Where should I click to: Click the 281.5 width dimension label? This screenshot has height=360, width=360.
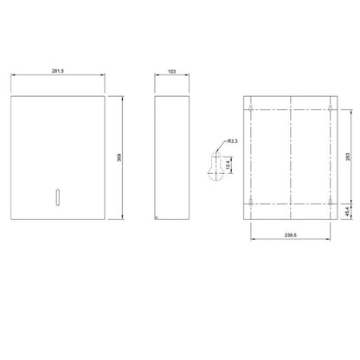click(58, 71)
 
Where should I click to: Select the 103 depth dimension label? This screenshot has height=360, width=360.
click(171, 71)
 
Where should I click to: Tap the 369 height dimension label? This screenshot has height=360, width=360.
click(119, 157)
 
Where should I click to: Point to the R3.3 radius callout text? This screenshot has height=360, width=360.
click(233, 141)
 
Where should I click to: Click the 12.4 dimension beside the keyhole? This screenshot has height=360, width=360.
click(228, 164)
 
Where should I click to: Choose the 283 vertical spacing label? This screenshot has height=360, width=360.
click(348, 157)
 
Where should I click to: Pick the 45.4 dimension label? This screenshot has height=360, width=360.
click(347, 211)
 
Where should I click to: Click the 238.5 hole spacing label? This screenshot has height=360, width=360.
click(291, 235)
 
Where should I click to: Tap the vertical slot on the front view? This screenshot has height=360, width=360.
click(58, 197)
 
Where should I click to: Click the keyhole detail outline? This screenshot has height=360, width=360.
click(215, 167)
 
